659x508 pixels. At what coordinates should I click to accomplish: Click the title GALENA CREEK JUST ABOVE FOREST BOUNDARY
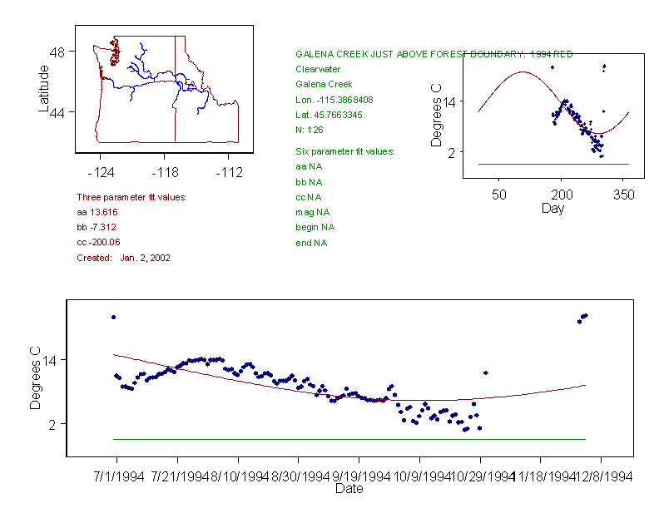tap(434, 54)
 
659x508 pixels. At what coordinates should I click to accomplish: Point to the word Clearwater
tap(318, 69)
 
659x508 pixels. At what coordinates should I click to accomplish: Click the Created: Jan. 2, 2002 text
tap(123, 258)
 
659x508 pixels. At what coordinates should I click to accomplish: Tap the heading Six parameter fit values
tap(344, 151)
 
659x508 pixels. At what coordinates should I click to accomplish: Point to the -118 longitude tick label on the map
tap(164, 172)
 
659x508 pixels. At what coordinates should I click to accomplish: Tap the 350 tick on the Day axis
tap(624, 195)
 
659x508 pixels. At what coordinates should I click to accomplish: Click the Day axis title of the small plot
tap(552, 208)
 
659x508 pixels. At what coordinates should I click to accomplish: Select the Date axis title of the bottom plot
tap(349, 489)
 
